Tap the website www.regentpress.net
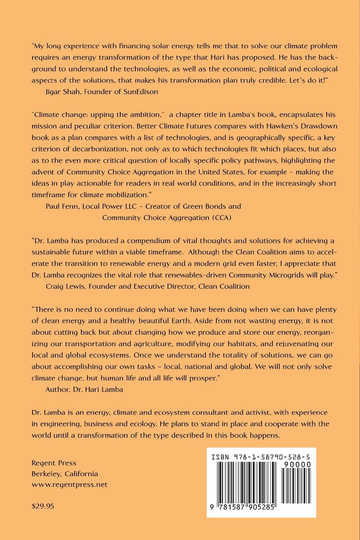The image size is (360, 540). (x=69, y=484)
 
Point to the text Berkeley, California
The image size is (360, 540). (x=64, y=474)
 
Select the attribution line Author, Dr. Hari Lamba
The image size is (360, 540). (x=84, y=389)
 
